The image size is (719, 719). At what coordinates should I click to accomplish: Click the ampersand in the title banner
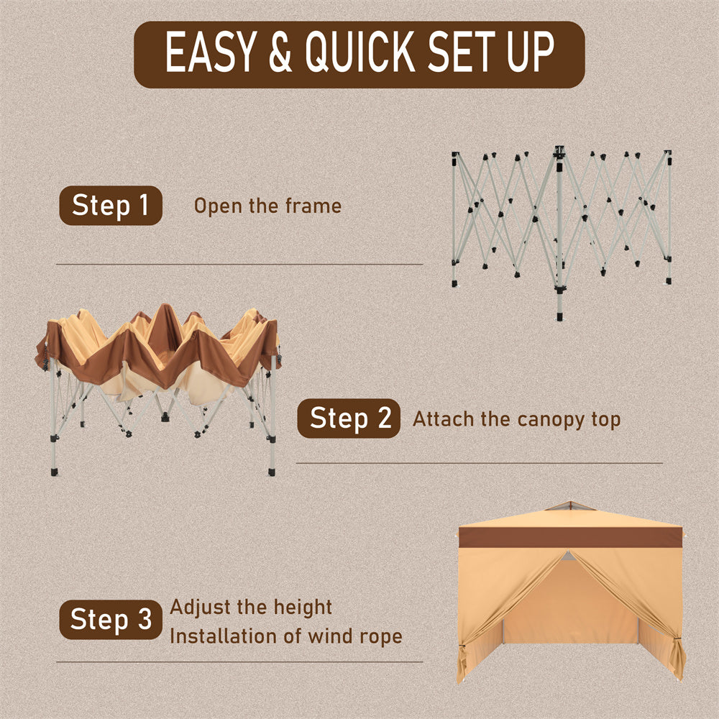tap(280, 52)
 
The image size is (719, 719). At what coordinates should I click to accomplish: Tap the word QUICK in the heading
tap(360, 52)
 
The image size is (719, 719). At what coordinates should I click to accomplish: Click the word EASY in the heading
tap(211, 52)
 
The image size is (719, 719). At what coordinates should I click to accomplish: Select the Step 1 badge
tap(111, 206)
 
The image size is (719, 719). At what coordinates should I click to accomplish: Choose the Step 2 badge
tap(349, 418)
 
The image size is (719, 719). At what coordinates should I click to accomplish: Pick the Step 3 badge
tap(111, 620)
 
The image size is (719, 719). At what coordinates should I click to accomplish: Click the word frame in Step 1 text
tap(313, 206)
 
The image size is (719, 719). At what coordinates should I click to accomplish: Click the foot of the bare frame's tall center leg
tap(559, 316)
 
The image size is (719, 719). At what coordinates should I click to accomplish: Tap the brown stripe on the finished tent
tap(570, 537)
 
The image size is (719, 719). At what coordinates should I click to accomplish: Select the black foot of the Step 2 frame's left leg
tap(55, 472)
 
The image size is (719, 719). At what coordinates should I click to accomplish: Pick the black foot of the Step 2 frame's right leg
tap(272, 472)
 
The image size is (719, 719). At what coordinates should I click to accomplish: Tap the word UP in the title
tap(531, 52)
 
